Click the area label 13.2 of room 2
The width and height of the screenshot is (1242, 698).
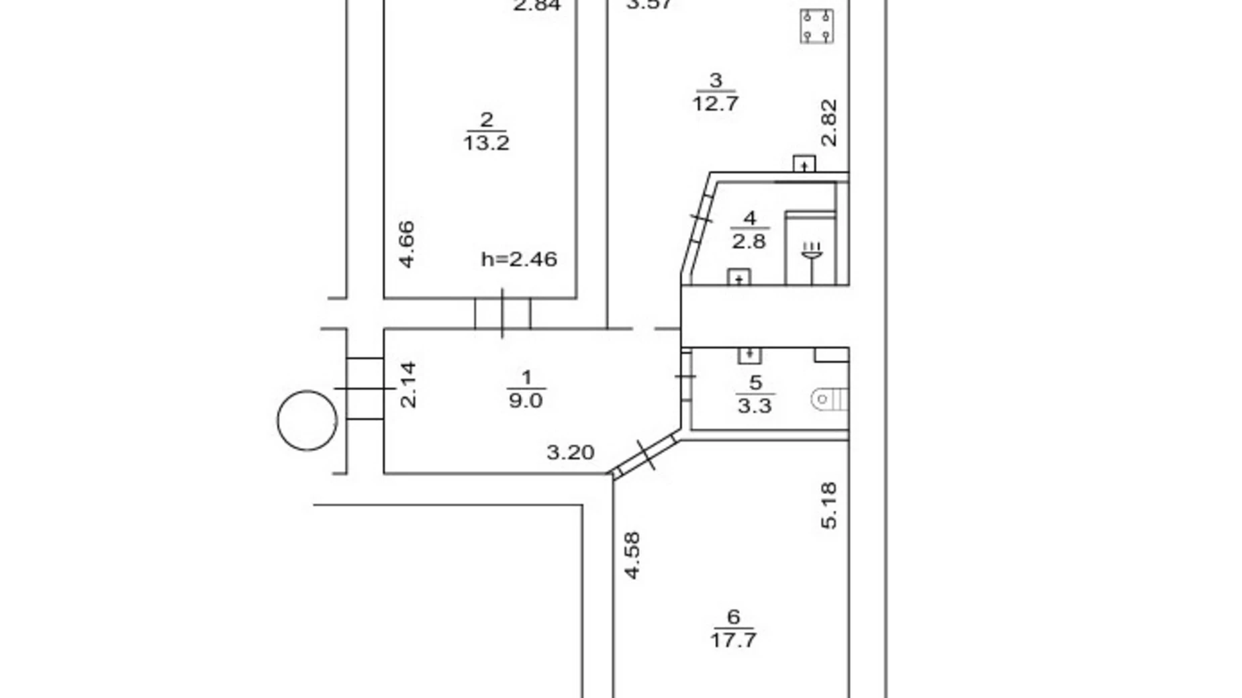(x=486, y=143)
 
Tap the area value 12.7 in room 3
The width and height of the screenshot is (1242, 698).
(x=716, y=103)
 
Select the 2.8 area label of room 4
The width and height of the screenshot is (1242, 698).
(x=749, y=241)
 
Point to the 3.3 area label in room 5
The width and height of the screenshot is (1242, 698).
(x=755, y=405)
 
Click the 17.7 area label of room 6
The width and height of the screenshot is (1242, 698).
(x=733, y=639)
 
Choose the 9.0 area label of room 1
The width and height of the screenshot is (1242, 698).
(x=526, y=401)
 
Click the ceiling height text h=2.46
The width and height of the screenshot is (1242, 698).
(x=519, y=259)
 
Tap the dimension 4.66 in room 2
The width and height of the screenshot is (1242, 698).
(x=407, y=244)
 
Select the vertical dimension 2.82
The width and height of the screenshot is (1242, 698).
(x=830, y=122)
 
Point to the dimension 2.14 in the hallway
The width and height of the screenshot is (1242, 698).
(x=408, y=385)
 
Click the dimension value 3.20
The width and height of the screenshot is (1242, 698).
(x=570, y=452)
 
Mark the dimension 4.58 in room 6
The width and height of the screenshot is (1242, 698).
(x=632, y=555)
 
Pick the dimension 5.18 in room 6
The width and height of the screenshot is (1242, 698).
(x=829, y=505)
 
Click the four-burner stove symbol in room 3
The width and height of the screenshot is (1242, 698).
(x=817, y=26)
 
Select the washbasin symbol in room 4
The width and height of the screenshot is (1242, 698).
(x=812, y=253)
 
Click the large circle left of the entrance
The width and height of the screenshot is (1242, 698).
(x=307, y=420)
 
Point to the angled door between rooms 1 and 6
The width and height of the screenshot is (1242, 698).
(x=645, y=455)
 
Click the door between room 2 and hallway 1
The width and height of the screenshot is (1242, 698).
(x=502, y=313)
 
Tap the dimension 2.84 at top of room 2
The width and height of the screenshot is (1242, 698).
(x=536, y=6)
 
